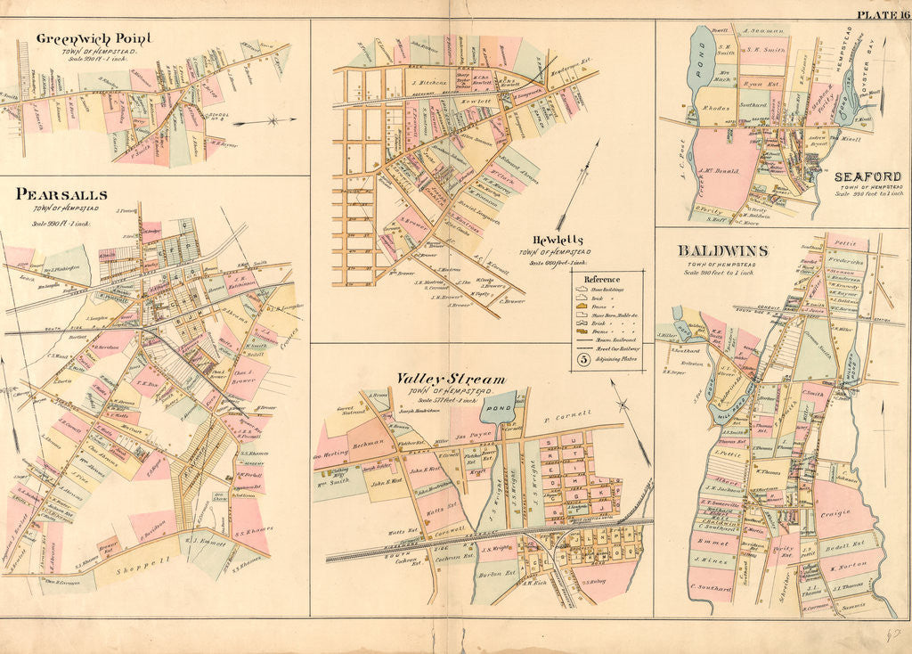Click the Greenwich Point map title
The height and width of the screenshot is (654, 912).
pos(93,38)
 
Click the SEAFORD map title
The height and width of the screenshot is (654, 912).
pos(867,176)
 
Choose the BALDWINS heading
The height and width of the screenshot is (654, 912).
pos(722,251)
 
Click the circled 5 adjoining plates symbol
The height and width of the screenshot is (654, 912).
pos(582,360)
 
